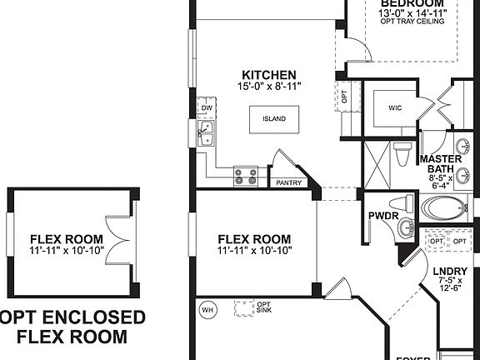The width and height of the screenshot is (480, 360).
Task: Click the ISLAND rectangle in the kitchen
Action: (x=274, y=119)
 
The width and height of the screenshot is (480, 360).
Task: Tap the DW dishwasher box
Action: (x=205, y=107)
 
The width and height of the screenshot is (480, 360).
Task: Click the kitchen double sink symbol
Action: (x=205, y=132)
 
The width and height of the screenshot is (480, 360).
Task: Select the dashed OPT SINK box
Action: (x=243, y=309)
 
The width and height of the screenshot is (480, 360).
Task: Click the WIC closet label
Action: (x=395, y=108)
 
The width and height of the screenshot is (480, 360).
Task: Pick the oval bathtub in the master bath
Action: (x=447, y=207)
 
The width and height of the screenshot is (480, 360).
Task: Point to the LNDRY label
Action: (x=451, y=271)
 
